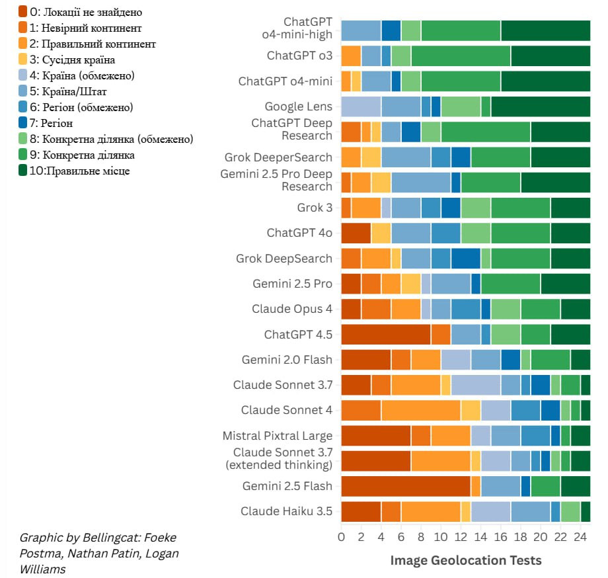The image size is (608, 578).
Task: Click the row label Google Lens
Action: pos(298,106)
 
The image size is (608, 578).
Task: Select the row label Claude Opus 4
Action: pos(291,309)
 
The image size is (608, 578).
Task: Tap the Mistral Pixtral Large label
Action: pos(277,436)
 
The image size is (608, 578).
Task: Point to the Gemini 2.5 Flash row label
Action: pos(287,486)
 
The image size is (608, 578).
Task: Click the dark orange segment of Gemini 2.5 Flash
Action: pos(405,486)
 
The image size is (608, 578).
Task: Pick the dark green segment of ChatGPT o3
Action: pos(551,56)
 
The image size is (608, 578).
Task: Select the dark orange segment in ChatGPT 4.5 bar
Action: pos(385,335)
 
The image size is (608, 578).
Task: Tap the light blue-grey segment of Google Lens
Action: pos(361,106)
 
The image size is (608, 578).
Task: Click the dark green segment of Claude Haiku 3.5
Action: pos(585,511)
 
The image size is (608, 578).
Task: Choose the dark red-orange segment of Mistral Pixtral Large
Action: pos(375,436)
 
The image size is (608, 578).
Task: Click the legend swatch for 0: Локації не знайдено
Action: pos(23,11)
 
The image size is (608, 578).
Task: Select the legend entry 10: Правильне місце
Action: pos(79,171)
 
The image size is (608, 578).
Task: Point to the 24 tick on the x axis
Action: pos(580,537)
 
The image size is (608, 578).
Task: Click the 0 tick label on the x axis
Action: pos(341,537)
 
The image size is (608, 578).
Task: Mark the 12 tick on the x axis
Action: pos(461,537)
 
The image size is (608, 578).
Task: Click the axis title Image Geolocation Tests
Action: pos(465,560)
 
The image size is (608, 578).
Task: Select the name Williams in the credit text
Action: pos(42,569)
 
